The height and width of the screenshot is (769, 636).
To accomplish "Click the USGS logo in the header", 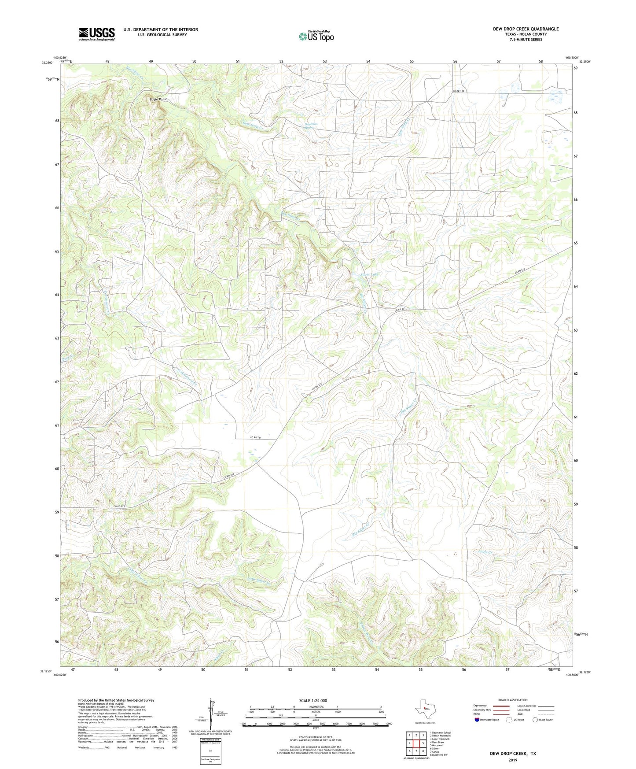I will point(96,34).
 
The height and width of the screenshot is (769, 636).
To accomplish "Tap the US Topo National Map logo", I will point(316,36).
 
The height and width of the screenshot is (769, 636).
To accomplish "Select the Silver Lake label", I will point(369,274).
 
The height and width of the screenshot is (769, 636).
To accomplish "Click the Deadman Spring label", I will point(311,126).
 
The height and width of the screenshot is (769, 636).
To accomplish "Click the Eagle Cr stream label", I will point(485,552).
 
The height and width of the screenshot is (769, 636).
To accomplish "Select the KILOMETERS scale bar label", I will point(315,706).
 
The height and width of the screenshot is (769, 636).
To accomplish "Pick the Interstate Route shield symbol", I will point(477,720).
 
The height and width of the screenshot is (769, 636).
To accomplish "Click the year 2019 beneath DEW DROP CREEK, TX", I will point(513,760).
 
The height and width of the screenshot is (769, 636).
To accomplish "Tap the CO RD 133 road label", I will point(459,91).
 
